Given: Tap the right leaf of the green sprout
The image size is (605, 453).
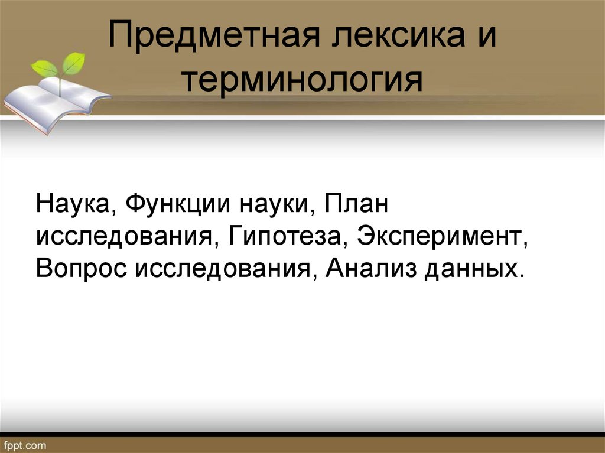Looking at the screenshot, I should (74, 63).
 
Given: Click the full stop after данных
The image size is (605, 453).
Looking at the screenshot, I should (521, 274).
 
